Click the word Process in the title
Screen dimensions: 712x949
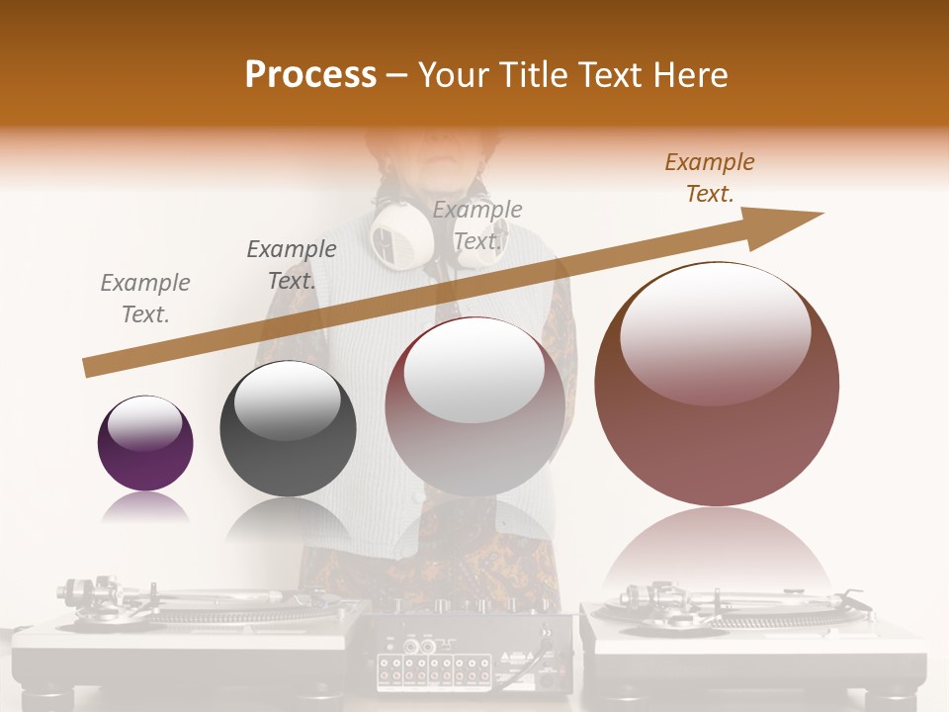point(310,75)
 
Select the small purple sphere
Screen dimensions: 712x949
point(145,443)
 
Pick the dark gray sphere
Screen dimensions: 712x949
point(288,428)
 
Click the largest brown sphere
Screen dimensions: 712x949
point(717,384)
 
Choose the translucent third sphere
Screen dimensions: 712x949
point(475,406)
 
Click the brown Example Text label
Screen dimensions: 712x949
point(709,178)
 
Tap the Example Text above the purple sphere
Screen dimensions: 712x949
point(145,299)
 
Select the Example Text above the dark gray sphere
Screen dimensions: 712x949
point(292,265)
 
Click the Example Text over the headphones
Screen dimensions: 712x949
point(477,225)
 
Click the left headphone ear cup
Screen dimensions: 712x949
point(399,235)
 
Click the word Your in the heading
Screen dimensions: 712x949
point(451,75)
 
